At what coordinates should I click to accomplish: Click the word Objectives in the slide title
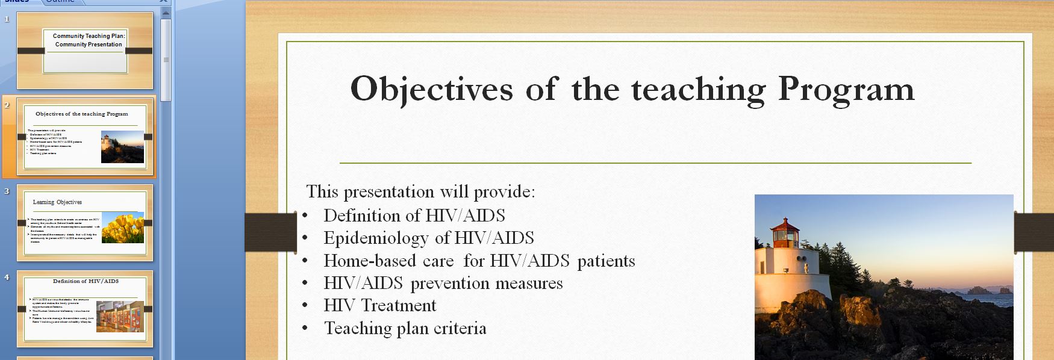431,89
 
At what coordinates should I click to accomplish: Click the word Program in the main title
846,89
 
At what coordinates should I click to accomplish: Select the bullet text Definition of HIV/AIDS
414,216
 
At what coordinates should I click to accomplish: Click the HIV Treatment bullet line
379,305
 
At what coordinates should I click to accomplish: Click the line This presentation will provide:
420,191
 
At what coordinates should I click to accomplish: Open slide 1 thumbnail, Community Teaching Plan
85,51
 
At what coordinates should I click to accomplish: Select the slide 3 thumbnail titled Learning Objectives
85,223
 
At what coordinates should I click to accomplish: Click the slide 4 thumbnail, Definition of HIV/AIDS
85,308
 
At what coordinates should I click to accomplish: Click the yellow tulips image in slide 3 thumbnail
123,227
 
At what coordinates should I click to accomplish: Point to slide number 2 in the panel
7,105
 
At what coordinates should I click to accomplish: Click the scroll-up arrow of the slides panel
166,13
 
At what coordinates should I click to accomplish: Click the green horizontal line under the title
655,163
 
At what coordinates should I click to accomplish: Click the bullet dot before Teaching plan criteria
305,328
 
